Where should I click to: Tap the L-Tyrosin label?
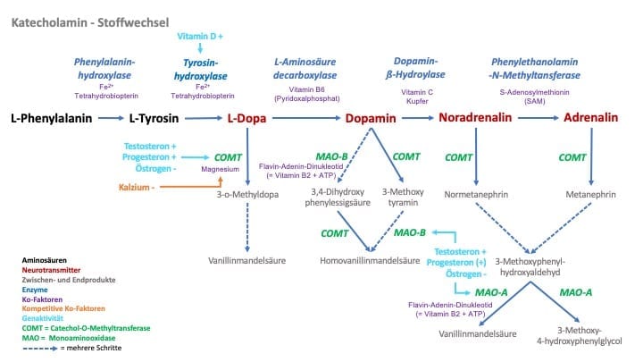[x=155, y=117]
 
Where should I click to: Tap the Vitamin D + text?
[x=200, y=36]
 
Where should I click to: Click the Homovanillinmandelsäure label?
[x=370, y=261]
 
